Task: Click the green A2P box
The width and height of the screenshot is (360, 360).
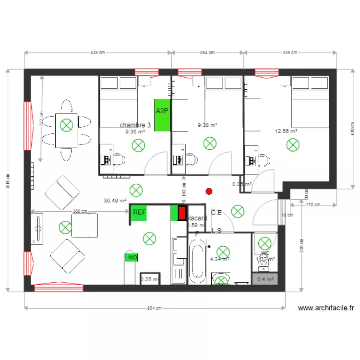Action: (162, 115)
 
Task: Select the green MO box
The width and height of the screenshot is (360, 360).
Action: (132, 258)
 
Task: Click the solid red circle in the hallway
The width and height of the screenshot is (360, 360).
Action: (208, 192)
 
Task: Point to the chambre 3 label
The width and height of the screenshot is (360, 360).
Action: (135, 125)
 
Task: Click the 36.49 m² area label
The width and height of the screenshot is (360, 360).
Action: (115, 201)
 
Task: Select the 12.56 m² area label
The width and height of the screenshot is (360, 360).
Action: (286, 131)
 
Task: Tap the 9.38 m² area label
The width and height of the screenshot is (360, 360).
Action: (207, 125)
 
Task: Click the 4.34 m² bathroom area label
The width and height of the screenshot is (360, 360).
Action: (219, 259)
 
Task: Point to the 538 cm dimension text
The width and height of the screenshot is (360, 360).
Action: (97, 53)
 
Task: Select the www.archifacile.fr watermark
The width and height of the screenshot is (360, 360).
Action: (326, 309)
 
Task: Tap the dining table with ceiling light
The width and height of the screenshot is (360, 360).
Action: (66, 130)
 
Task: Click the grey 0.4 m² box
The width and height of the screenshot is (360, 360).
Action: (265, 279)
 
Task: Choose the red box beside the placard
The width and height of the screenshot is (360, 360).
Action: (182, 213)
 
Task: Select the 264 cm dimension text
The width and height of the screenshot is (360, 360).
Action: (207, 53)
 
